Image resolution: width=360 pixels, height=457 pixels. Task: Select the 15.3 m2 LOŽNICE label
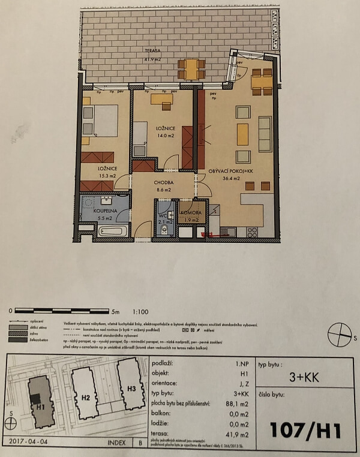pyautogui.click(x=107, y=172)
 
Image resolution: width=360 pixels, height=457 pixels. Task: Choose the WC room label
pyautogui.click(x=163, y=217)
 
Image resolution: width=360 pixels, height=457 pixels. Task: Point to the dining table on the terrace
pyautogui.click(x=191, y=69)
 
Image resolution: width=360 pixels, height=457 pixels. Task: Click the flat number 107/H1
pyautogui.click(x=305, y=431)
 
